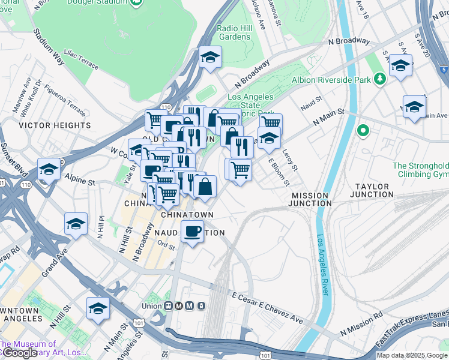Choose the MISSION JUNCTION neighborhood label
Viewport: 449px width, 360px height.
[x=310, y=199]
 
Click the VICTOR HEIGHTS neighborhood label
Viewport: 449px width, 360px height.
[x=55, y=125]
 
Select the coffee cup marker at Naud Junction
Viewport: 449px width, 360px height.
[x=192, y=231]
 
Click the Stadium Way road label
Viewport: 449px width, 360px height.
[x=49, y=46]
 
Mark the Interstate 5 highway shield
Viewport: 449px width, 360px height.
[x=442, y=70]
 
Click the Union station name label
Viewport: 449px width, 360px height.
[x=152, y=306]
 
